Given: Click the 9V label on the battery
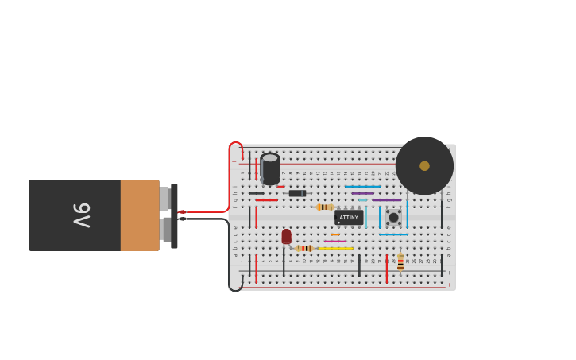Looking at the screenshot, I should click(x=82, y=215).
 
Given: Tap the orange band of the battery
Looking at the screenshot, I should click(x=140, y=215).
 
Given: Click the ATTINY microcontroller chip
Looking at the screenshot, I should click(x=349, y=217).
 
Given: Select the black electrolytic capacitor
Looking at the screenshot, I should click(x=270, y=168).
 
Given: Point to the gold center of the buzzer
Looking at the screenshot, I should click(x=424, y=166).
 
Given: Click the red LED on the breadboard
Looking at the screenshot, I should click(x=287, y=237).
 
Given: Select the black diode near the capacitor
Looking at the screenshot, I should click(x=296, y=193).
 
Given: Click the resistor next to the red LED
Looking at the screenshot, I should click(x=304, y=248).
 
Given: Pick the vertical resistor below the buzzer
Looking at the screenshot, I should click(x=400, y=261).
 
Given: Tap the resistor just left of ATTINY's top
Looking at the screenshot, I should click(x=325, y=207).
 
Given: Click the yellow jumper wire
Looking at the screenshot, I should click(x=336, y=248).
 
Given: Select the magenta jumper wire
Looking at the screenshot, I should click(x=335, y=241).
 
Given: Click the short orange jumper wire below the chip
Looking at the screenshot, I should click(x=335, y=234).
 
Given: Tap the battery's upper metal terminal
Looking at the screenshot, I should click(x=164, y=199).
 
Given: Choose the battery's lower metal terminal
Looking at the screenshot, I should click(x=165, y=230).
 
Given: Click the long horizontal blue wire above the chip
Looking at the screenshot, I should click(x=362, y=187).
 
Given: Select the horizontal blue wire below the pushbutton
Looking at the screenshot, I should click(x=393, y=234).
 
